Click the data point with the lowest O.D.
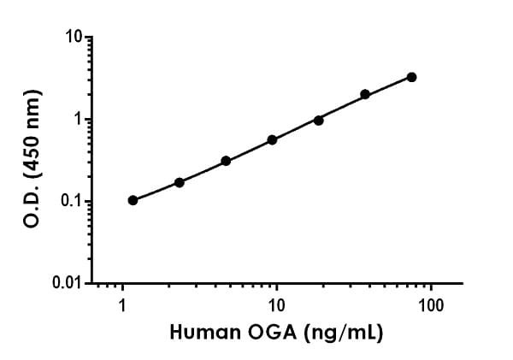pyautogui.click(x=133, y=200)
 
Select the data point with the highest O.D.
pyautogui.click(x=411, y=77)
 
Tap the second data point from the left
pyautogui.click(x=180, y=182)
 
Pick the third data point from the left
pyautogui.click(x=226, y=161)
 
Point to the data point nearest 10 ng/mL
pyautogui.click(x=272, y=139)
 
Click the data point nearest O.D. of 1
pyautogui.click(x=318, y=120)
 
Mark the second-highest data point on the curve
pyautogui.click(x=365, y=94)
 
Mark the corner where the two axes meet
pyautogui.click(x=91, y=282)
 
